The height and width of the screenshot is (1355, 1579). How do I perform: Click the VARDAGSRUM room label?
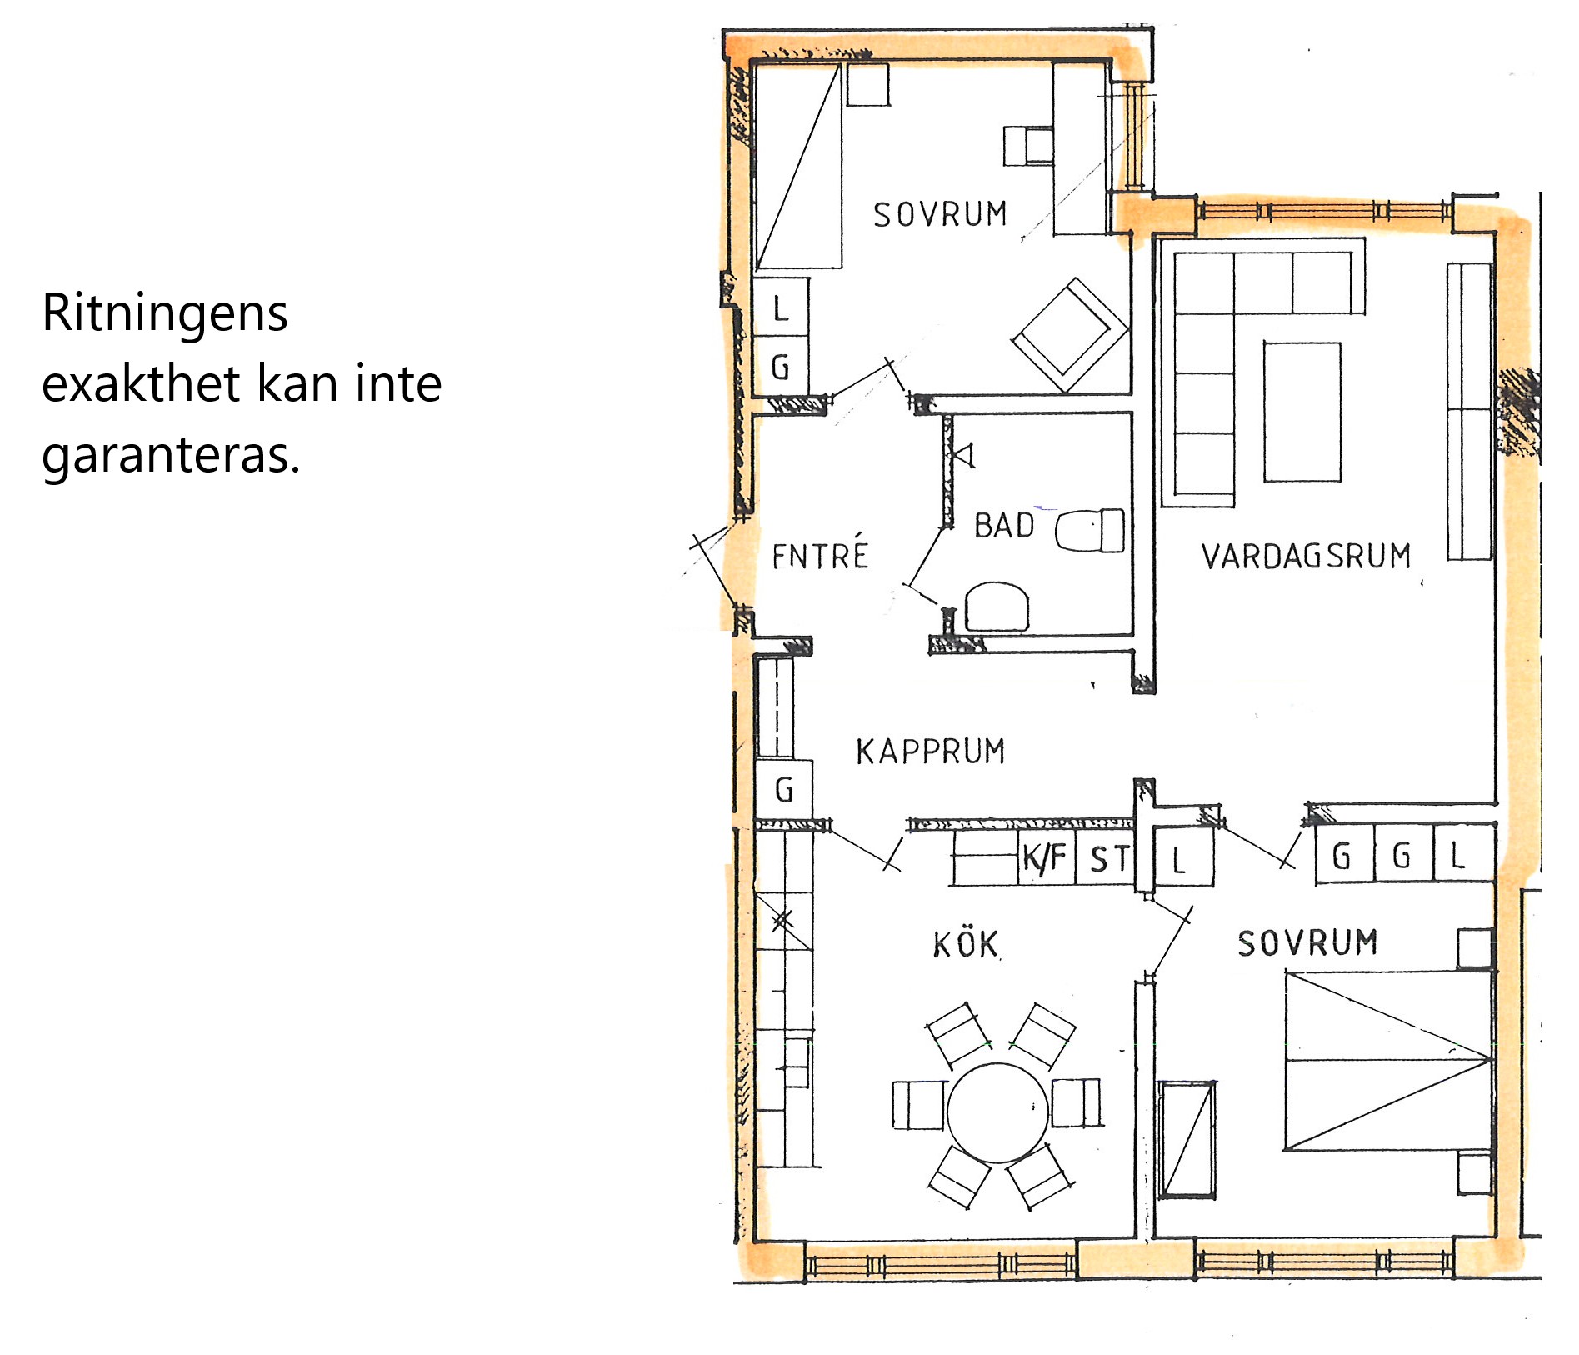(x=1306, y=556)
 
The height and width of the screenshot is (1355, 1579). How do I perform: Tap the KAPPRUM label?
(x=931, y=752)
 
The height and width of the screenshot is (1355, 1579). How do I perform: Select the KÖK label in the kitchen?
(x=966, y=945)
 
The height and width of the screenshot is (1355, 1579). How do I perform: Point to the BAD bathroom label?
(x=1004, y=526)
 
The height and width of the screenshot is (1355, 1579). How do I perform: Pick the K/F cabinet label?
(x=1043, y=857)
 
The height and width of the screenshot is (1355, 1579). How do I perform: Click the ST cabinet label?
(x=1109, y=859)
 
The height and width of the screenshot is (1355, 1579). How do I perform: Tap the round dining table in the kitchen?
(x=998, y=1112)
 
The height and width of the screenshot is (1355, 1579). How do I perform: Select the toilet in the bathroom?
(x=1090, y=531)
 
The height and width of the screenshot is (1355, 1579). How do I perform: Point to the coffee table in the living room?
(x=1302, y=412)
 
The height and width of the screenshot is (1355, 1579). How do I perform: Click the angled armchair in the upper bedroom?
(x=1070, y=335)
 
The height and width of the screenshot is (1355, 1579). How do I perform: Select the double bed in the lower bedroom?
(x=1388, y=1060)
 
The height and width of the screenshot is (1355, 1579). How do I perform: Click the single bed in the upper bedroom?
(x=797, y=166)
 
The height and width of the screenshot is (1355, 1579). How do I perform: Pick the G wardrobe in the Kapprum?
(x=784, y=789)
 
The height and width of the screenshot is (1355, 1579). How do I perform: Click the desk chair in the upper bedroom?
(x=1028, y=146)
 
